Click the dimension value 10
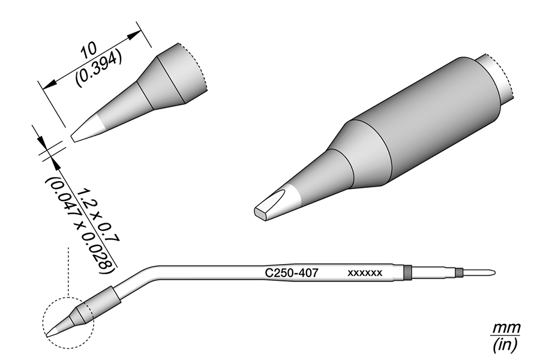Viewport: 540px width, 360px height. pyautogui.click(x=88, y=50)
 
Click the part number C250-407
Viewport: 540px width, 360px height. pyautogui.click(x=292, y=273)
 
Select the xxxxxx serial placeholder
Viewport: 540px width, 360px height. pyautogui.click(x=365, y=273)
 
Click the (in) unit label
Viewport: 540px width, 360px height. pyautogui.click(x=505, y=344)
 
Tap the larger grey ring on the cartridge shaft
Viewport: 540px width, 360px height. pyautogui.click(x=407, y=272)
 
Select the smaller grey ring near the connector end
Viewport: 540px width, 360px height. pyautogui.click(x=459, y=273)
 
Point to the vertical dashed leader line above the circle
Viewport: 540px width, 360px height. pyautogui.click(x=68, y=272)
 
